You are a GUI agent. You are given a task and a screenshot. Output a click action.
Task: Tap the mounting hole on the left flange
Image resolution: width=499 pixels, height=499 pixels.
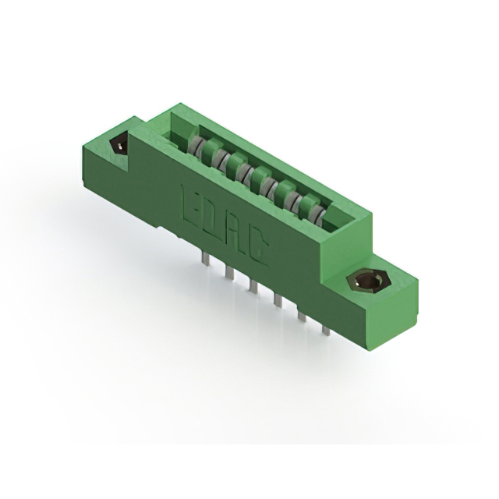119,144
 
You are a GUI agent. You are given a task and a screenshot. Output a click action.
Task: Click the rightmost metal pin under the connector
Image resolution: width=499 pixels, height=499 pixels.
326,328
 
